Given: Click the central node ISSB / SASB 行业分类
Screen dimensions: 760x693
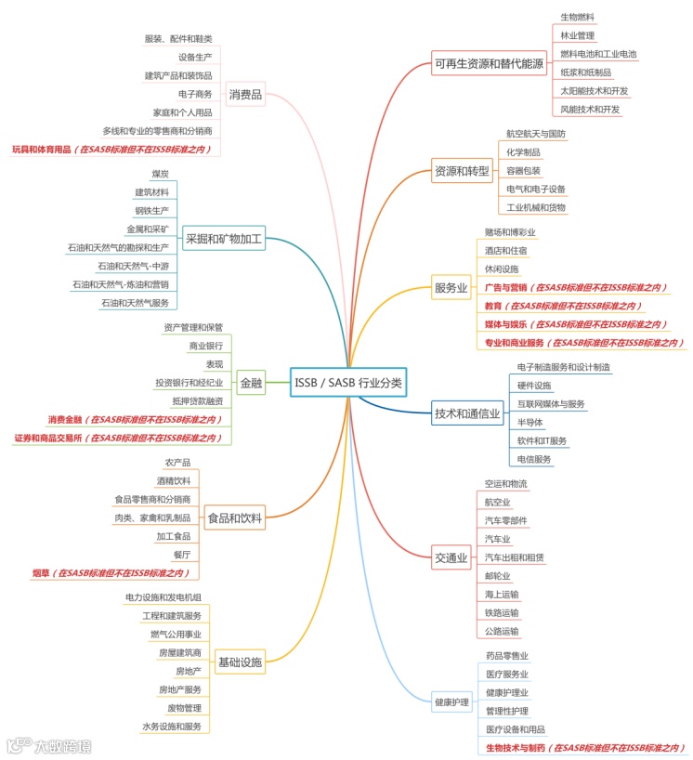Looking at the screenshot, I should point(348,383).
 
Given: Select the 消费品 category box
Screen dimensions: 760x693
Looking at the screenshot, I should point(245,94).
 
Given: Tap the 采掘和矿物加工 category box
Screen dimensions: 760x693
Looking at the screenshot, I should point(224,239).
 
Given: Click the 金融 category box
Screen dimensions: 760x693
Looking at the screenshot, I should point(251,383).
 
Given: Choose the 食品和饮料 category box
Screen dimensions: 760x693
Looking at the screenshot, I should point(234,518).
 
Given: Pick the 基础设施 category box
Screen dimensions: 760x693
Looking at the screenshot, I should point(241,662).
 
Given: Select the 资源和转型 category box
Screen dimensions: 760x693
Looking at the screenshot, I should point(462,172).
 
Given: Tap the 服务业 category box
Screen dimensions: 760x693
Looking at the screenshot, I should point(451,288).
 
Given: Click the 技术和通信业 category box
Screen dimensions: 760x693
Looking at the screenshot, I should point(467,414).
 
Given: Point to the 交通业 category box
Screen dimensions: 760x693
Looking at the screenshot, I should point(451,557).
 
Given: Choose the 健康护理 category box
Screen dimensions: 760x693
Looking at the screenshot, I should point(451,701).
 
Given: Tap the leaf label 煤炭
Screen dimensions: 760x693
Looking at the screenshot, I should point(160,174).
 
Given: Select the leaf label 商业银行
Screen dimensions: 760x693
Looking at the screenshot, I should point(206,346).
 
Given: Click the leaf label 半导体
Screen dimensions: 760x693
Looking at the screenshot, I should point(530,422).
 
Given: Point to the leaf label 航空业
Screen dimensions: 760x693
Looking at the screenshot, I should point(498,502).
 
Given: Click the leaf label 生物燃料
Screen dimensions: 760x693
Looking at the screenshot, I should point(577,17).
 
